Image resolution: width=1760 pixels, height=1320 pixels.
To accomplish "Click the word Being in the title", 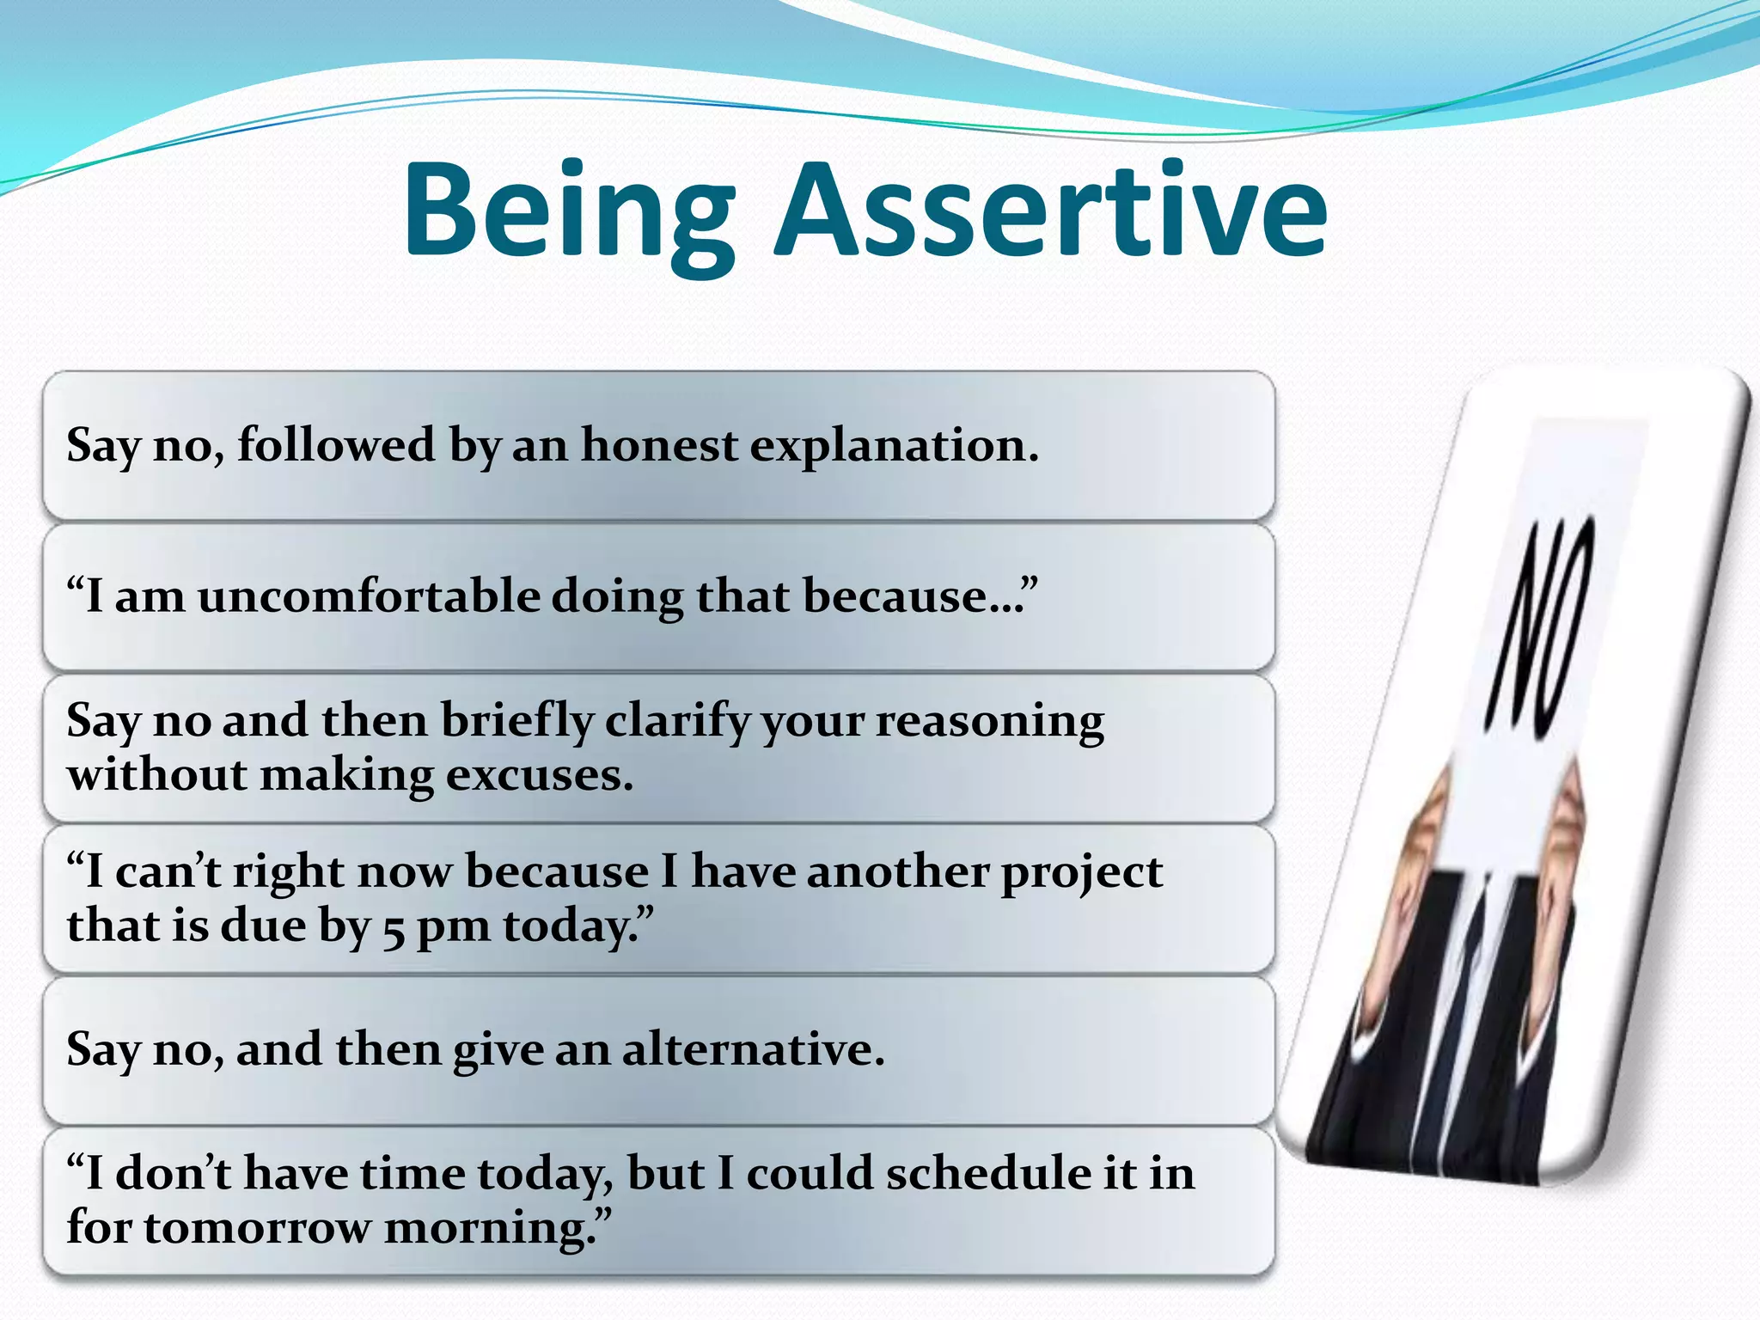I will coord(567,211).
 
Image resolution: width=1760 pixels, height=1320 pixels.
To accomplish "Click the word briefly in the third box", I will coord(516,720).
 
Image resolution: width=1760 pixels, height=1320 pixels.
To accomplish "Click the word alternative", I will coord(753,1049).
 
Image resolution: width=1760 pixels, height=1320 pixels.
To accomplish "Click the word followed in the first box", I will coord(336,446).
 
